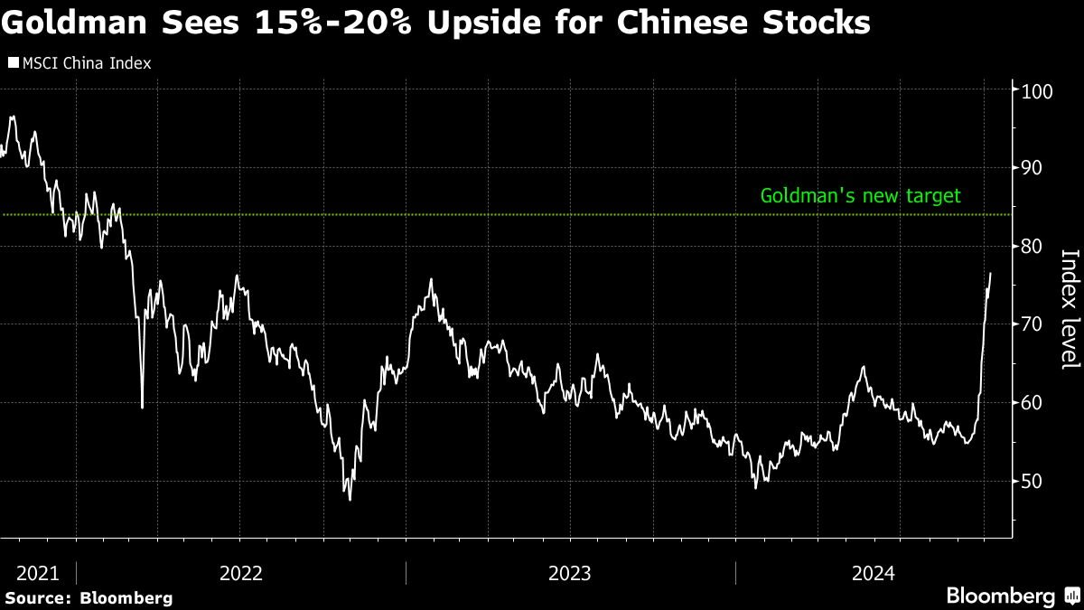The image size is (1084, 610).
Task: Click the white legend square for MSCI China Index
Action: click(x=13, y=63)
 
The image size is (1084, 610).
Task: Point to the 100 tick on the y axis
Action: click(x=1032, y=90)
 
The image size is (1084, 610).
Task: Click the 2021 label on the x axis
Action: click(x=37, y=573)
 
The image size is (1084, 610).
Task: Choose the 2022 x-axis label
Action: click(x=240, y=573)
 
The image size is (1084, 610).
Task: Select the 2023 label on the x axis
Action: click(x=570, y=573)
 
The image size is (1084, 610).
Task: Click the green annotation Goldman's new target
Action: click(x=860, y=195)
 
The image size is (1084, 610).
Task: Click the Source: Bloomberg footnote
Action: click(x=88, y=598)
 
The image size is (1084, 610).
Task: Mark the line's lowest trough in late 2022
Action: click(x=350, y=499)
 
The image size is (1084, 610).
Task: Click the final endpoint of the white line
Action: click(x=990, y=273)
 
